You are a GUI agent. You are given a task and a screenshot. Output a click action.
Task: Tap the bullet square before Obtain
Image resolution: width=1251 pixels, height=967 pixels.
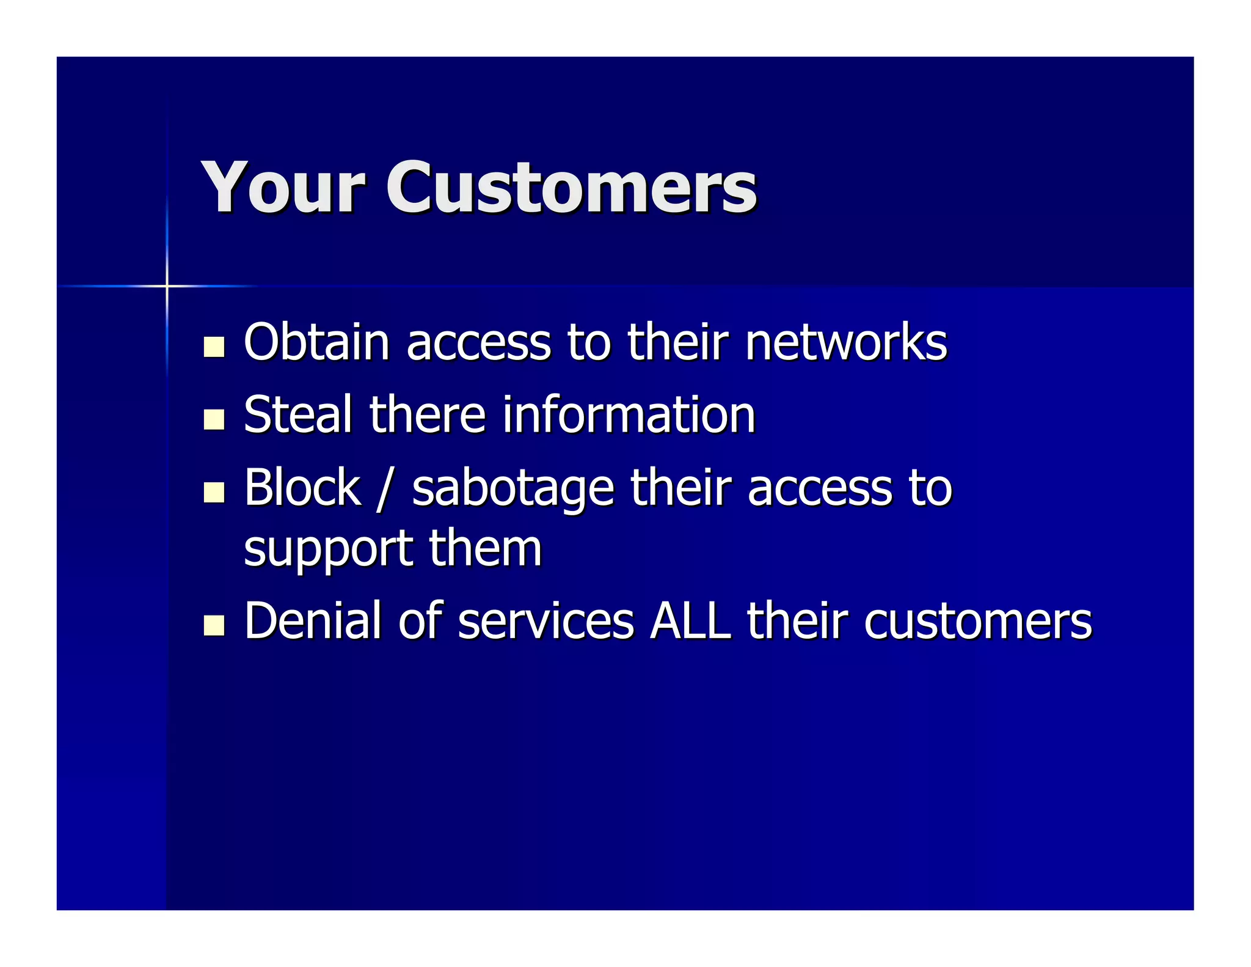click(x=214, y=347)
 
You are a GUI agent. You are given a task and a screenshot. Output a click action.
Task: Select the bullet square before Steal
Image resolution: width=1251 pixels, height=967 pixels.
click(x=214, y=419)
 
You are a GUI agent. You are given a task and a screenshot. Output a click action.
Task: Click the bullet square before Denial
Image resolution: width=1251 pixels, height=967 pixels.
click(x=214, y=625)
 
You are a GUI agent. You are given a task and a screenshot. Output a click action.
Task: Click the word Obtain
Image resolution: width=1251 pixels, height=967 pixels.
click(x=316, y=342)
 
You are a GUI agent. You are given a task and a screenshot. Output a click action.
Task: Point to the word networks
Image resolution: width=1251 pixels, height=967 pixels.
click(x=845, y=342)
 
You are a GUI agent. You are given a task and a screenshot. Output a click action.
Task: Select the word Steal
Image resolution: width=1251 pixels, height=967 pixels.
click(x=298, y=414)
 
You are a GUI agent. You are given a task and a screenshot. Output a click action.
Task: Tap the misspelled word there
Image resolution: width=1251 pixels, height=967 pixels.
click(x=427, y=414)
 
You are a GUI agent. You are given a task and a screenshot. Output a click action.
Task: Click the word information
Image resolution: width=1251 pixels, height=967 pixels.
click(x=629, y=414)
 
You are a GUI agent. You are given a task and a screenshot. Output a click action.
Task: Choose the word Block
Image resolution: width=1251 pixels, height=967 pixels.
click(x=302, y=487)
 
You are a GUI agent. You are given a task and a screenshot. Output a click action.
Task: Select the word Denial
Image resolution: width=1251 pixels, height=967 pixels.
click(x=313, y=620)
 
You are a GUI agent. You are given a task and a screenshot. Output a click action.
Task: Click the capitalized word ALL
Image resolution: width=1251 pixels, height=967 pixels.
click(x=690, y=620)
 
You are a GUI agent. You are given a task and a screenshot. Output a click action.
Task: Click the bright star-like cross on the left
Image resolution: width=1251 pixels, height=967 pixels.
click(x=167, y=285)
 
